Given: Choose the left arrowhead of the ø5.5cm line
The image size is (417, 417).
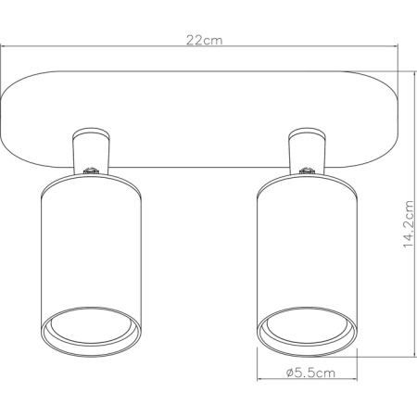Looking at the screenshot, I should tap(259, 385).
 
